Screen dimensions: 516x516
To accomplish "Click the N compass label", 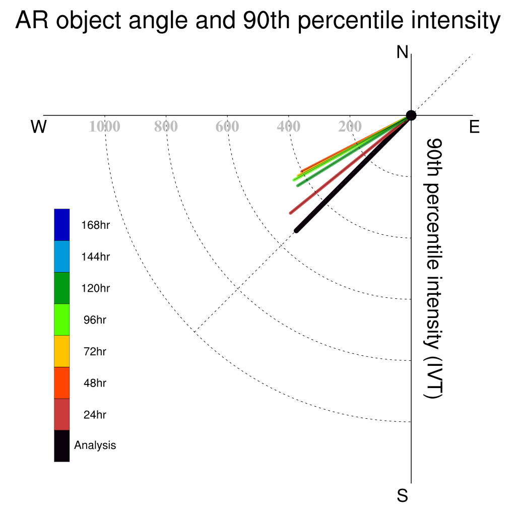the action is [x=402, y=52].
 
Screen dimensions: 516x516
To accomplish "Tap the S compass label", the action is [x=403, y=495].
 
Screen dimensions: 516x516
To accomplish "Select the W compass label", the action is [x=39, y=126].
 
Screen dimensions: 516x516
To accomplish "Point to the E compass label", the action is [x=474, y=126].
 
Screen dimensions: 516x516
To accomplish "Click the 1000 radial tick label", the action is [x=105, y=126].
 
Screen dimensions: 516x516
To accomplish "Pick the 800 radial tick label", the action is [x=166, y=126].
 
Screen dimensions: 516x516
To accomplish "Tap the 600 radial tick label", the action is [x=227, y=126].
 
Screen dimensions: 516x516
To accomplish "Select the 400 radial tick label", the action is [x=289, y=126].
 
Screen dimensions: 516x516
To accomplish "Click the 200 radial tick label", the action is [x=350, y=126].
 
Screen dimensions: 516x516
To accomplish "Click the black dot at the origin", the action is [x=411, y=115].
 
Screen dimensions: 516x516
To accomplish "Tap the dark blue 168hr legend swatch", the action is [x=62, y=225].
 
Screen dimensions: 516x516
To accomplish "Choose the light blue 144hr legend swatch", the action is [x=62, y=256].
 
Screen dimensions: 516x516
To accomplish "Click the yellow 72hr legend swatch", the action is [x=62, y=351].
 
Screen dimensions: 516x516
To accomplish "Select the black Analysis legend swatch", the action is [x=62, y=446].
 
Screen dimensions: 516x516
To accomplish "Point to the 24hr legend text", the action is [x=95, y=415].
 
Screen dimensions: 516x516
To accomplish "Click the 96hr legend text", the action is [x=95, y=320].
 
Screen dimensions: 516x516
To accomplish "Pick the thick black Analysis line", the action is [x=353, y=173].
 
